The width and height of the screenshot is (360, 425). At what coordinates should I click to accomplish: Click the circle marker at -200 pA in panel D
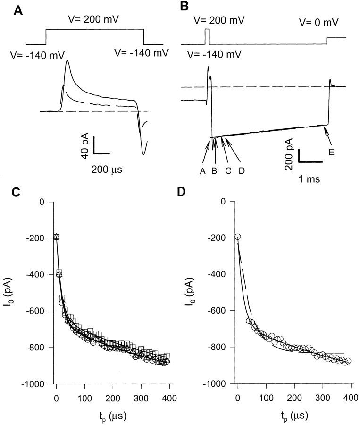pyautogui.click(x=238, y=237)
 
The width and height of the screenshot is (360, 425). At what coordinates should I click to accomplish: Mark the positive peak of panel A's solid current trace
pyautogui.click(x=68, y=60)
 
